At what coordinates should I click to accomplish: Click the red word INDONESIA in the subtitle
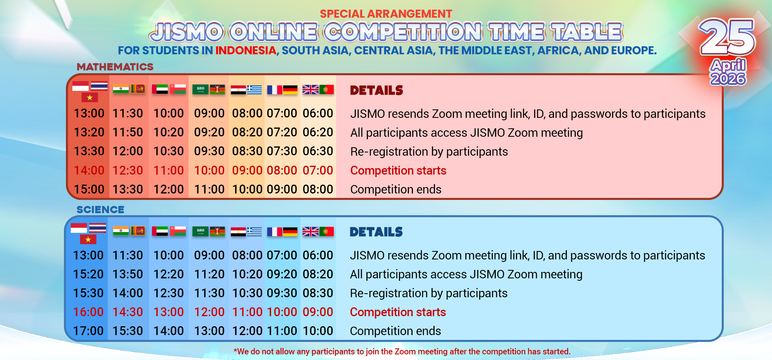pos(246,51)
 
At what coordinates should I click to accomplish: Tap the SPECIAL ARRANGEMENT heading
pos(386,14)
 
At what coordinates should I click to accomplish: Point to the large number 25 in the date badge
pos(727,37)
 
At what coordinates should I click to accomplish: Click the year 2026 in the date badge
pos(728,78)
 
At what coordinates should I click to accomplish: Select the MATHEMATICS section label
pos(115,67)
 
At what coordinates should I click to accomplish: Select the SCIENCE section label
pos(101,210)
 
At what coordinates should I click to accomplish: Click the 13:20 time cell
pos(89,132)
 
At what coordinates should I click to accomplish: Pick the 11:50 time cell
pos(128,132)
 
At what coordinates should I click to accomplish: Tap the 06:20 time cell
pos(318,132)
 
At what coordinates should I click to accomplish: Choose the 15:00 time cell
pos(89,189)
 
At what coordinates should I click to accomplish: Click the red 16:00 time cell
pos(88,312)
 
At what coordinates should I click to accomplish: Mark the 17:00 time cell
pos(88,331)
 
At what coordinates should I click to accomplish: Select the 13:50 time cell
pos(128,274)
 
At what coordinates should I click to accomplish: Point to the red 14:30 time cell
pos(128,312)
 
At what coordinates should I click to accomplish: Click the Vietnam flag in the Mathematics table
pos(90,97)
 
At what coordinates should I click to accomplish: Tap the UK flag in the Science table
pos(310,232)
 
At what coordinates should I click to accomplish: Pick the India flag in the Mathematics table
pos(121,89)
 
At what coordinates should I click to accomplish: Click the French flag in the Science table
pos(275,232)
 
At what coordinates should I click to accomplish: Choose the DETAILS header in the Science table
pos(376,232)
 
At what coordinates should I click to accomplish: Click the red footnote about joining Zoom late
pos(402,352)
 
